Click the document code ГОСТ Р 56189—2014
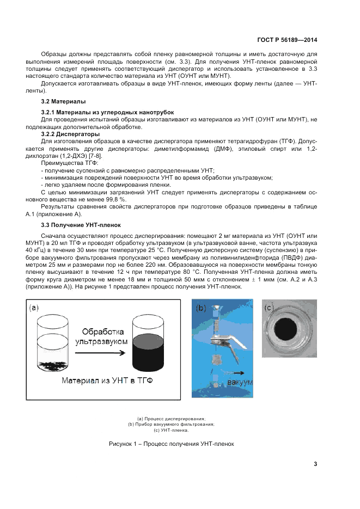[286, 40]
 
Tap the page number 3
[315, 464]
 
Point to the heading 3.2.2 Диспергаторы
[70, 133]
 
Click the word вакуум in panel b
[241, 382]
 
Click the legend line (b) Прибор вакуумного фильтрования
[171, 424]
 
